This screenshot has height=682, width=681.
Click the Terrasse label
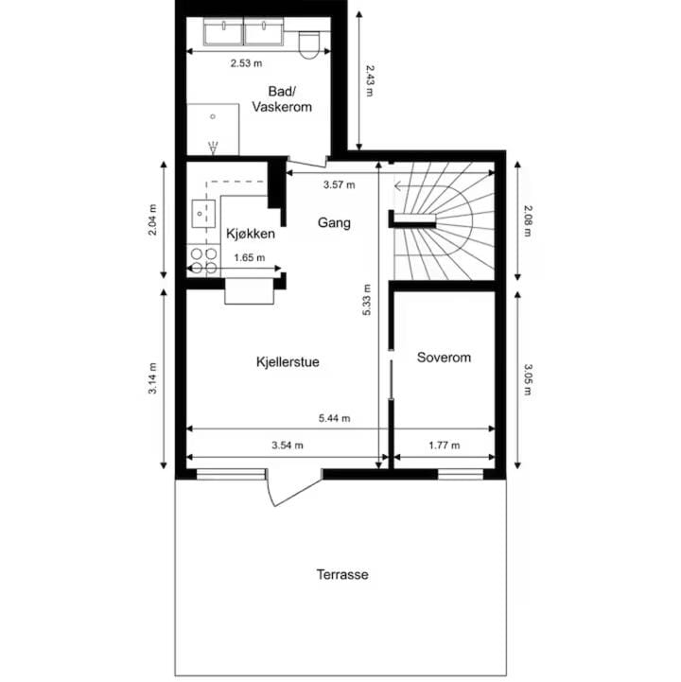pos(342,574)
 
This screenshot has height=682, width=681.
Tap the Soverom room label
pos(444,358)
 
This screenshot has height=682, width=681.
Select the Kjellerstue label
pos(288,362)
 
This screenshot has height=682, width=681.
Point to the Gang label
pos(334,222)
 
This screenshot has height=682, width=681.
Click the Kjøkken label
pos(251,234)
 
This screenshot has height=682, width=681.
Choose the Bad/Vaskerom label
pos(282,99)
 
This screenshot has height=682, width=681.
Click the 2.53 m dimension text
pos(246,63)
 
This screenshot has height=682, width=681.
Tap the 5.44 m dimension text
pos(335,418)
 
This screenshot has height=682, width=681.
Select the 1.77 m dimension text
pos(444,445)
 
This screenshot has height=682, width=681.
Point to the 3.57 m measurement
pos(340,184)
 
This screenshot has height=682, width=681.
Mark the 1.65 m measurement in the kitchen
pos(249,257)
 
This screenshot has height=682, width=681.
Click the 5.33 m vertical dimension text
pos(367,300)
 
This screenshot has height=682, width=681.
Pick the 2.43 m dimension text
pos(370,81)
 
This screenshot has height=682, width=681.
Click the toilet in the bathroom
pos(308,44)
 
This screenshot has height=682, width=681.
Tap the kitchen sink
pos(203,214)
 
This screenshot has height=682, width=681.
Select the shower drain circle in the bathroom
pos(213,116)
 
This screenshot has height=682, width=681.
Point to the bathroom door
pos(306,163)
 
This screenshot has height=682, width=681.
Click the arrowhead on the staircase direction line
pos(397,186)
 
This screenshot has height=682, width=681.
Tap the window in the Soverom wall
pos(460,475)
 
